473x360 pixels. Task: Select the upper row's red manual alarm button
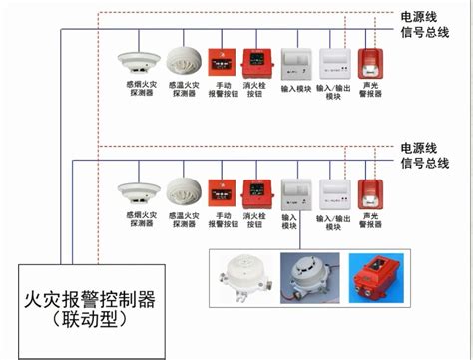click(221, 62)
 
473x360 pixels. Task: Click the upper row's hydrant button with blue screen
click(257, 62)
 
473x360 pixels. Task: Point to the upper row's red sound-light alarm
click(371, 62)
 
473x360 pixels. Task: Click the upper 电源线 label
click(418, 16)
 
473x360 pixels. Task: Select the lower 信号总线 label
click(424, 163)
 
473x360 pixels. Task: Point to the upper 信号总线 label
click(424, 32)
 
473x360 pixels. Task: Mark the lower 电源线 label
click(418, 147)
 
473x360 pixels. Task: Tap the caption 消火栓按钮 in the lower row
click(257, 220)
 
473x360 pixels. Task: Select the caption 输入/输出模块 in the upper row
click(333, 91)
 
